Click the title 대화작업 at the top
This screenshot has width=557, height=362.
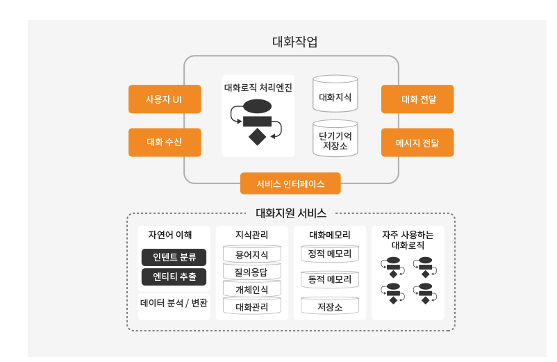pos(294,42)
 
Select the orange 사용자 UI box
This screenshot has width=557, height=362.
pos(165,99)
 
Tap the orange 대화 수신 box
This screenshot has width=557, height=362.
pos(165,142)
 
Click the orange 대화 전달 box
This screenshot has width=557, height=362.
pos(417,99)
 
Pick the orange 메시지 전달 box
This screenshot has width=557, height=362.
pos(417,142)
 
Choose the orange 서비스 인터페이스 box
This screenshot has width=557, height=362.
pos(290,184)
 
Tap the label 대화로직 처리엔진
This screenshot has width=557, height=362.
pos(258,88)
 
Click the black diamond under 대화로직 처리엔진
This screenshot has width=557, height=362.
pos(258,137)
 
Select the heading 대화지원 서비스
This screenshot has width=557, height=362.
pos(291,213)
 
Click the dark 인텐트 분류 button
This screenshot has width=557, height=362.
pos(174,257)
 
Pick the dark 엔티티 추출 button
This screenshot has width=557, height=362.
pos(174,277)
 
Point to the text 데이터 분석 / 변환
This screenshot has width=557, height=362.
pos(174,303)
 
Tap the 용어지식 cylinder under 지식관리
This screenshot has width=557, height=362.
pos(252,255)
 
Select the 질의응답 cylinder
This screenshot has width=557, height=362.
pos(252,272)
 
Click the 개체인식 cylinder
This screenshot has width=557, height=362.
pos(252,289)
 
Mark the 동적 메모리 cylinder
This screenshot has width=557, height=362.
pos(330,280)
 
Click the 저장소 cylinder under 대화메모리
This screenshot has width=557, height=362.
pos(330,306)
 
